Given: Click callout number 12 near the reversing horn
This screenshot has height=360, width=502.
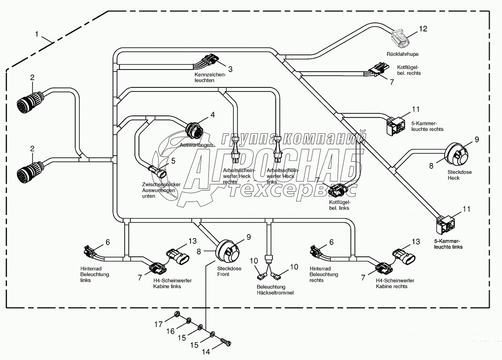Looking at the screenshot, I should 423,28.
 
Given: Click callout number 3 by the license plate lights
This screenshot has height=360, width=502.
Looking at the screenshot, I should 230,69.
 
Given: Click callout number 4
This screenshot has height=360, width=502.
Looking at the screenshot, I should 212,115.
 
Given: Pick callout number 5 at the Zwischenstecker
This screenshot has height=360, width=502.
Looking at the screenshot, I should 173,161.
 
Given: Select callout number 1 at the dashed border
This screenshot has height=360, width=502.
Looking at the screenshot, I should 37,34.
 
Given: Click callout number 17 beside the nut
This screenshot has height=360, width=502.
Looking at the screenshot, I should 158,324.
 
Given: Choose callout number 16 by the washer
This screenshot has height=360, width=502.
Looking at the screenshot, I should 170,331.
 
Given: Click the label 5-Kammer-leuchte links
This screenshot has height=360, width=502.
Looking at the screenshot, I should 448,244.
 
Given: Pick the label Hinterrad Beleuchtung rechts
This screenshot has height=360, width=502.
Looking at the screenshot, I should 323,274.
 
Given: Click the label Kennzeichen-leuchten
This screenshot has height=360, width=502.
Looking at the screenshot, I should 210,77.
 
